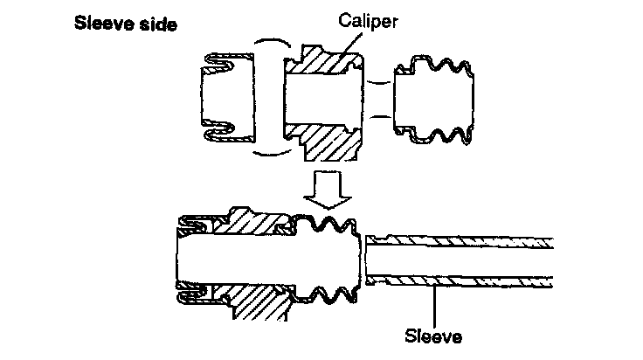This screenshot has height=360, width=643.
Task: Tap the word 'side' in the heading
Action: click(x=156, y=24)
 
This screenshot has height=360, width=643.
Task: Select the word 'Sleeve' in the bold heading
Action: click(x=103, y=24)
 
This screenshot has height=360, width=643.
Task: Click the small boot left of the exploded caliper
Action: click(x=218, y=97)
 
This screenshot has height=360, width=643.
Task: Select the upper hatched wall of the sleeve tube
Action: click(x=463, y=240)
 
